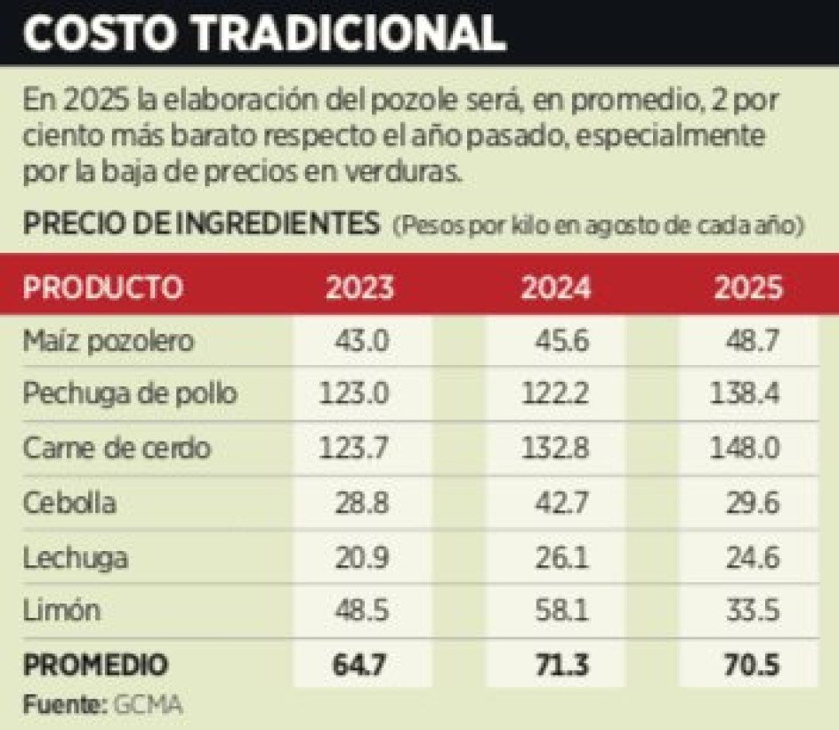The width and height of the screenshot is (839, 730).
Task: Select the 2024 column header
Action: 555,288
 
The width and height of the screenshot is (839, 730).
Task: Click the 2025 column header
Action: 750,288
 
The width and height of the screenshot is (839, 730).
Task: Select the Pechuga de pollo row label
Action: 130,394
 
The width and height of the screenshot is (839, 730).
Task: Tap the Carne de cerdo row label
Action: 117,449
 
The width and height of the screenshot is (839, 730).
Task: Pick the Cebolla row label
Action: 70,503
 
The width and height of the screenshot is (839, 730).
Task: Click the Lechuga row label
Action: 76,558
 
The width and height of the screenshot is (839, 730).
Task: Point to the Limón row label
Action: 61,612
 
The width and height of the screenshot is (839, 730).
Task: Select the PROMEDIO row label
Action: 95,665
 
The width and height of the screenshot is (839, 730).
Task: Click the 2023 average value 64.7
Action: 363,665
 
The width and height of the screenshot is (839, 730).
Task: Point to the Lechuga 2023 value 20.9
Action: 363,558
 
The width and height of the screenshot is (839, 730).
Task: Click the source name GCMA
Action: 148,706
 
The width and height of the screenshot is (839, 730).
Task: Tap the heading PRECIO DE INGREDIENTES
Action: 200,225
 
